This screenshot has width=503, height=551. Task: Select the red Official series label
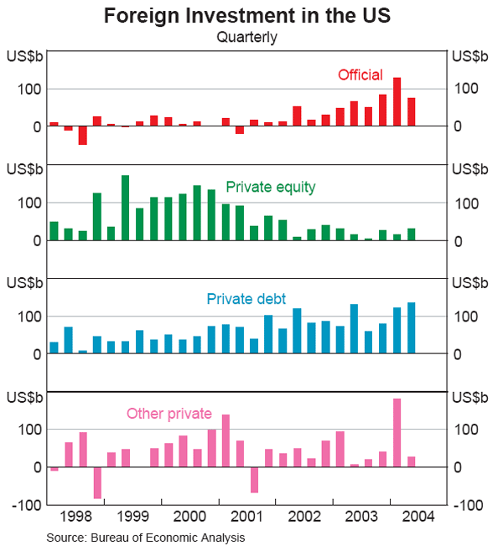point(360,75)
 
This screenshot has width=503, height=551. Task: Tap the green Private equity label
point(271,188)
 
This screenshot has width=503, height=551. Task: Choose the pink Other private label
point(169,413)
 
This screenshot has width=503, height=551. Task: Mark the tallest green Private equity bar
point(125,208)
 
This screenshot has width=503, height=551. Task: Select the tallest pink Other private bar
point(397,433)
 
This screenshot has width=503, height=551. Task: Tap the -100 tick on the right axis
point(469,505)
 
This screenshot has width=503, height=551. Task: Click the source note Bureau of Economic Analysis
point(146,537)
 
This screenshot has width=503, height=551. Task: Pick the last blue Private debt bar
point(411,328)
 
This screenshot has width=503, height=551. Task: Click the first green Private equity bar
point(54,231)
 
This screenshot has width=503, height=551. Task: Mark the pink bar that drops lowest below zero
point(96,482)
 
